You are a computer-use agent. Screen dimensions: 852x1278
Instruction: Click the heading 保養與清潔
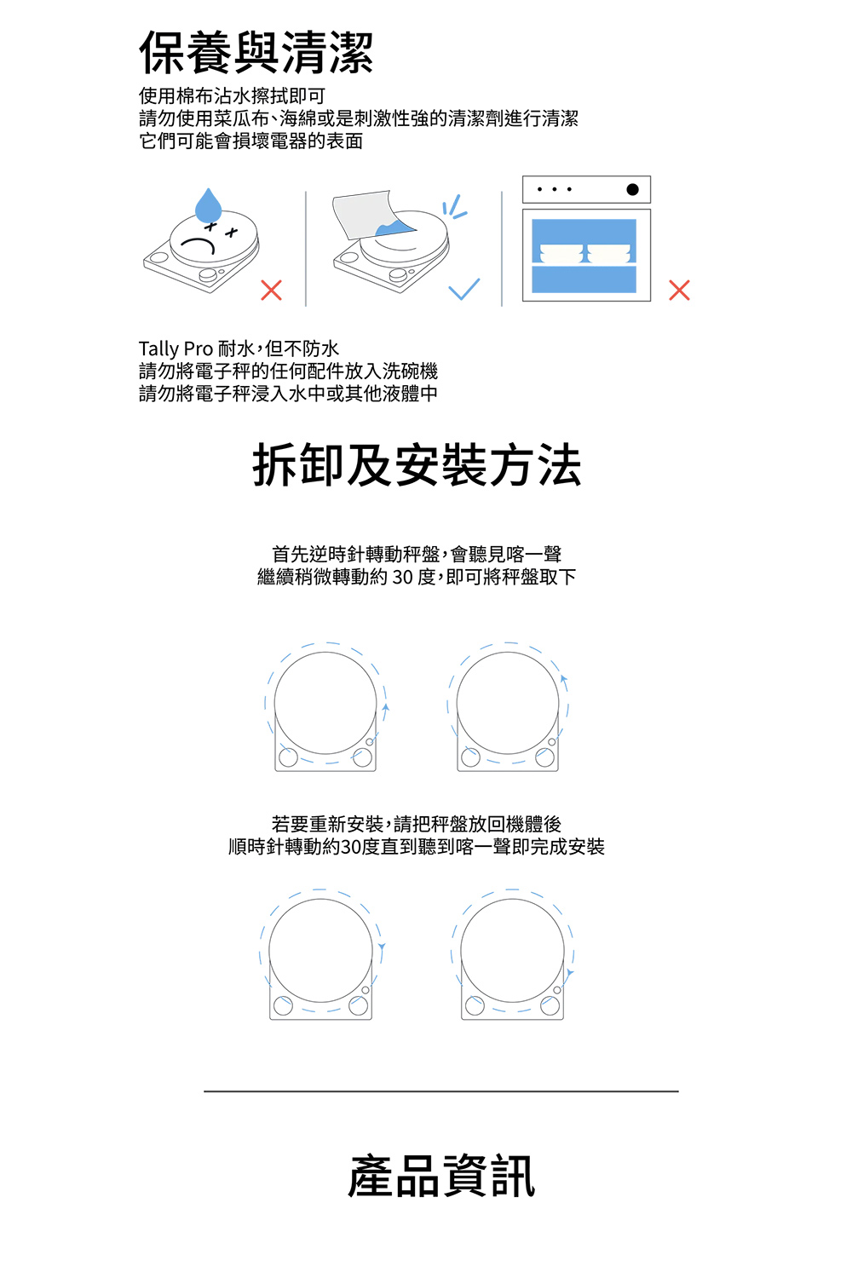256,53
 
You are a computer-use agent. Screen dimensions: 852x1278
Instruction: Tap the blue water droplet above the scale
208,205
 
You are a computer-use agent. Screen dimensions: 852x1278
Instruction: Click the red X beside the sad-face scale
271,290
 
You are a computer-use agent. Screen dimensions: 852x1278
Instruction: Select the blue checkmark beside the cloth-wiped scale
464,289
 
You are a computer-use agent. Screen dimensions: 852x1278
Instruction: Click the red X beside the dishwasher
679,290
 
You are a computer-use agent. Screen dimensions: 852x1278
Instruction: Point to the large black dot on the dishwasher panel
632,189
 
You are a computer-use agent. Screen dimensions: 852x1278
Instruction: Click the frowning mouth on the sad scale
198,246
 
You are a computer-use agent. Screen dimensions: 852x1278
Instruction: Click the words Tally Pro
176,348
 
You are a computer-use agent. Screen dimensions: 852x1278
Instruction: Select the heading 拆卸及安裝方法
417,465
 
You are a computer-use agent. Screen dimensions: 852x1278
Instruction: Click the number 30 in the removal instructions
402,577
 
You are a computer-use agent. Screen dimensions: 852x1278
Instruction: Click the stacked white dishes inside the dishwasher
585,254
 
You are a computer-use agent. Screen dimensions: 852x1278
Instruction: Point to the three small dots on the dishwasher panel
554,189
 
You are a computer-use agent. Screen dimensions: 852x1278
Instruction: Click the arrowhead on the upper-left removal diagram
386,707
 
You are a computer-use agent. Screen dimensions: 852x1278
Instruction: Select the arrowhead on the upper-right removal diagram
564,679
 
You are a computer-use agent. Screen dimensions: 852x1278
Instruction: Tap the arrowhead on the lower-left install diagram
382,947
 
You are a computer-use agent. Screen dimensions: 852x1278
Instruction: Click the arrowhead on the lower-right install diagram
569,973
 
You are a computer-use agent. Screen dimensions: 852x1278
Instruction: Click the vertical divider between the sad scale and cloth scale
306,249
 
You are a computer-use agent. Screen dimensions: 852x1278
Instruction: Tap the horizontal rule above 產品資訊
441,1091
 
